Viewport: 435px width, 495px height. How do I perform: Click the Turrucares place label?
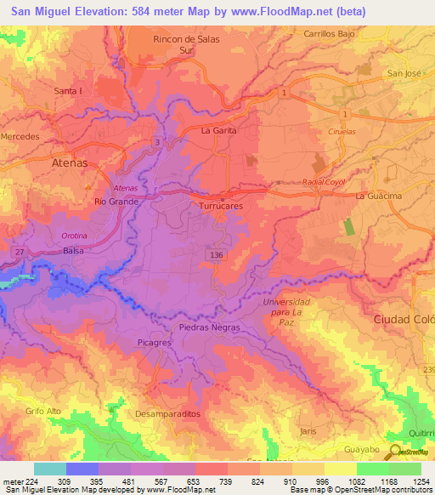click(221, 207)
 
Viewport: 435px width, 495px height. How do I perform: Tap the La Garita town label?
click(217, 131)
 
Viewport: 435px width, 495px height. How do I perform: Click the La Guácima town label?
click(378, 196)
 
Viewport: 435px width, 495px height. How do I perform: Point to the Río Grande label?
click(116, 202)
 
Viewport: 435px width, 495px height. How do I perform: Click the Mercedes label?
click(20, 136)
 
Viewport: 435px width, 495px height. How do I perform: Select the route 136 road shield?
click(217, 254)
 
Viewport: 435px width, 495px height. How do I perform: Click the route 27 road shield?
click(18, 251)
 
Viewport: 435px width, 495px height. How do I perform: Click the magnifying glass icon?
click(396, 453)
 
